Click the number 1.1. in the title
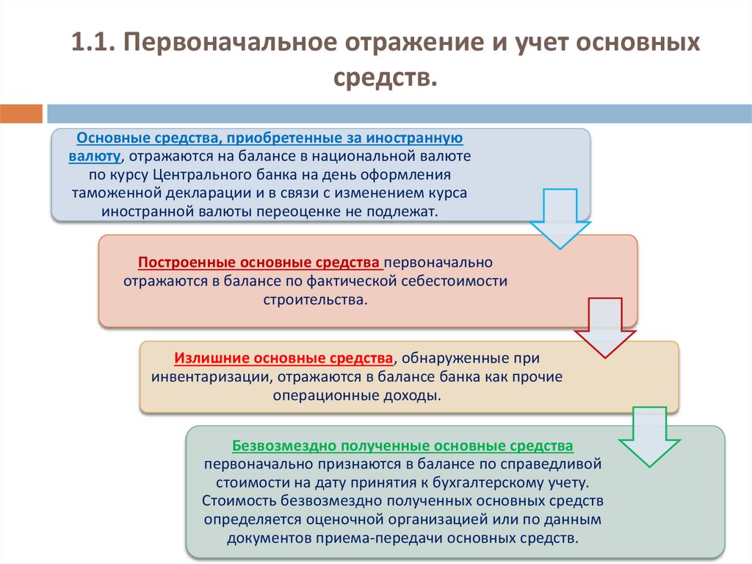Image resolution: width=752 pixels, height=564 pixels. [x=92, y=43]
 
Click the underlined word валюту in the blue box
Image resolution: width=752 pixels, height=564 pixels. [x=94, y=155]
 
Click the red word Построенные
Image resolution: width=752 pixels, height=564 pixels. [x=181, y=262]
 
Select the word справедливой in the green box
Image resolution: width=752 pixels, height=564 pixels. [x=554, y=464]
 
